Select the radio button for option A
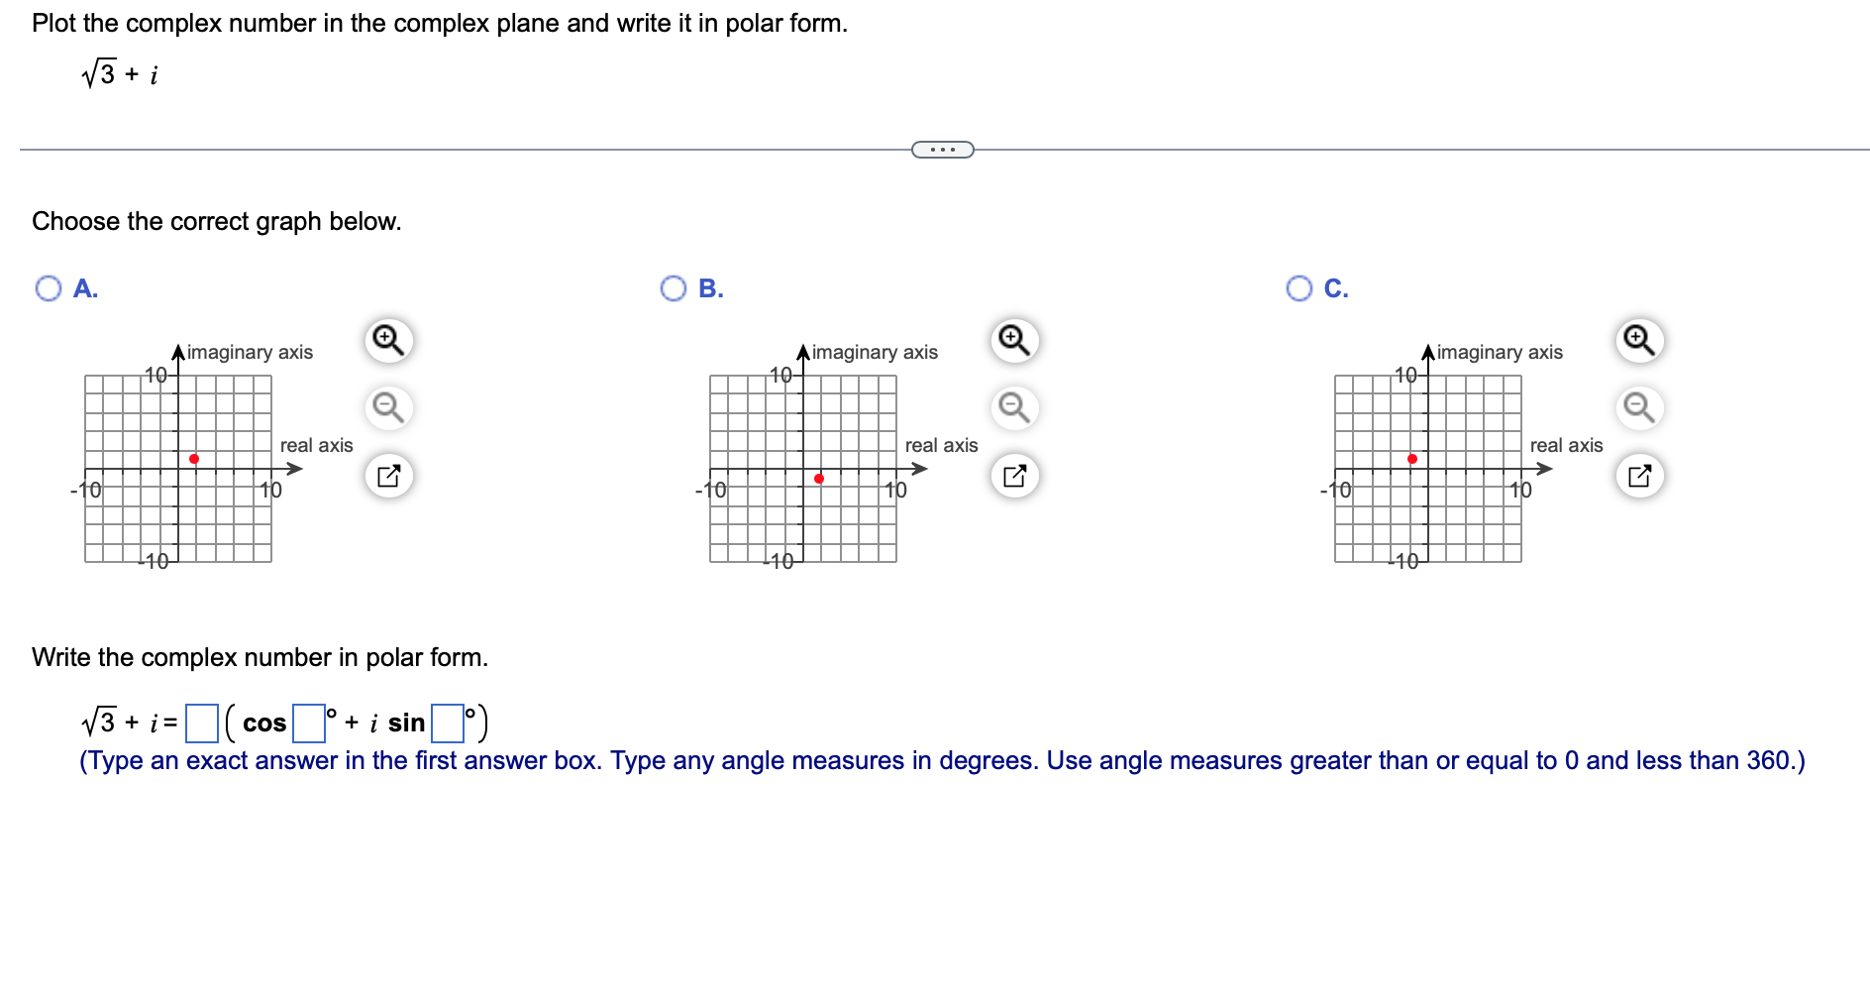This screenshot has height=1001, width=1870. pos(48,288)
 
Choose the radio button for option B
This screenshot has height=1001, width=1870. pos(674,288)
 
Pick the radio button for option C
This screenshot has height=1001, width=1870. pos(1299,288)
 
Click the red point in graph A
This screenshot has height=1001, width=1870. pos(194,459)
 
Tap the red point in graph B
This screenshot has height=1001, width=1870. pos(819,479)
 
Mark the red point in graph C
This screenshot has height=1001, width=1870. pos(1412,459)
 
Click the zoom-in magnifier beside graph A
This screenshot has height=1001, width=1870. pos(388,340)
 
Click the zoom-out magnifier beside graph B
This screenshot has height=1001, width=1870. pos(1013,407)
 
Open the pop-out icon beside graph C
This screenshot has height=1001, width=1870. pos(1639,476)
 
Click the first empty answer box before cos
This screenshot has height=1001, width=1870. pos(202,723)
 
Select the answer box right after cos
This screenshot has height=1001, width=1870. pos(309,723)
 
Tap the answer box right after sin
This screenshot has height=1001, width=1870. pos(448,723)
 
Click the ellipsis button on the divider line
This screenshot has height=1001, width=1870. pos(942,150)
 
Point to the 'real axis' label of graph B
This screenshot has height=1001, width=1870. pos(941,446)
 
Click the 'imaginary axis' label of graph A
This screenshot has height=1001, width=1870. pos(250,352)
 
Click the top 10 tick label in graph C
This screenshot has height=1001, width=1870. pos(1405,375)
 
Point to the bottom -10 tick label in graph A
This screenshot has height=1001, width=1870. pos(154,561)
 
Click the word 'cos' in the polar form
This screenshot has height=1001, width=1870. pos(264,723)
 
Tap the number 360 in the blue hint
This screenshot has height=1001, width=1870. pos(1767,760)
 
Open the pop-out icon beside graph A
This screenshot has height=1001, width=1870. pos(388,476)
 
